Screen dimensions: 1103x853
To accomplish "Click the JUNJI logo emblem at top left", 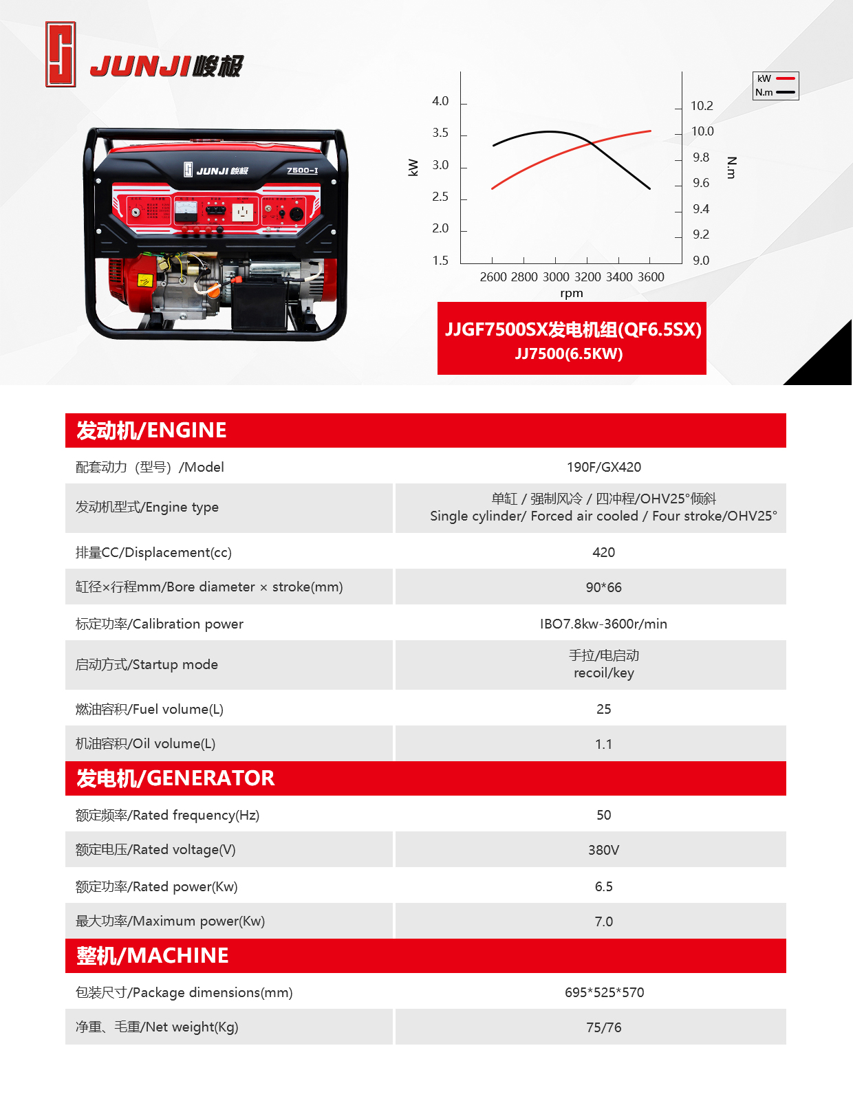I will click(x=61, y=54).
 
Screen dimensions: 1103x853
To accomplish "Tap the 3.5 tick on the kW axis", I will click(x=440, y=133).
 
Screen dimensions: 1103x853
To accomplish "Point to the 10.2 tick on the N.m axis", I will click(x=702, y=106).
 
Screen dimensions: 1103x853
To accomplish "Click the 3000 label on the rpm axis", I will click(x=556, y=277).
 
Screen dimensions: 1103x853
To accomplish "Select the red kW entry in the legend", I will click(x=775, y=79).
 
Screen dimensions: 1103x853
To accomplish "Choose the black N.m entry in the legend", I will click(x=775, y=92).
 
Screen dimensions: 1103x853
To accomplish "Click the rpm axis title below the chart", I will click(x=571, y=294).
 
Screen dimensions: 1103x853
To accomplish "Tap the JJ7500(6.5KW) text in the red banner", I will click(x=569, y=353).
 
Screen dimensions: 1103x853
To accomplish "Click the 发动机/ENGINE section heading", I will click(x=151, y=430).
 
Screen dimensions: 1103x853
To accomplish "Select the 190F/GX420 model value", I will click(x=603, y=467).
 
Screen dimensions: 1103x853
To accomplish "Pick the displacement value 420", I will click(x=603, y=552).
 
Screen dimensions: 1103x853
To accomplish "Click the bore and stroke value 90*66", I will click(x=603, y=587).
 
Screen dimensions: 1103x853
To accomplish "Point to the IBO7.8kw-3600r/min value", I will click(x=603, y=624).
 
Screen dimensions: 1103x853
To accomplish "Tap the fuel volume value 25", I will click(x=603, y=709).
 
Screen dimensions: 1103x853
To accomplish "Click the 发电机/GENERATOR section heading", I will click(x=175, y=778).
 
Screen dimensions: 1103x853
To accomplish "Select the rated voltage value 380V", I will click(x=603, y=850).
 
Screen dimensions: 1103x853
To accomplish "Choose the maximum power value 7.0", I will click(x=603, y=921).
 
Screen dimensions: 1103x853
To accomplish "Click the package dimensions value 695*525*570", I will click(x=604, y=992).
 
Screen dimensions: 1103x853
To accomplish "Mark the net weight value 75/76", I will click(x=603, y=1027).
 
